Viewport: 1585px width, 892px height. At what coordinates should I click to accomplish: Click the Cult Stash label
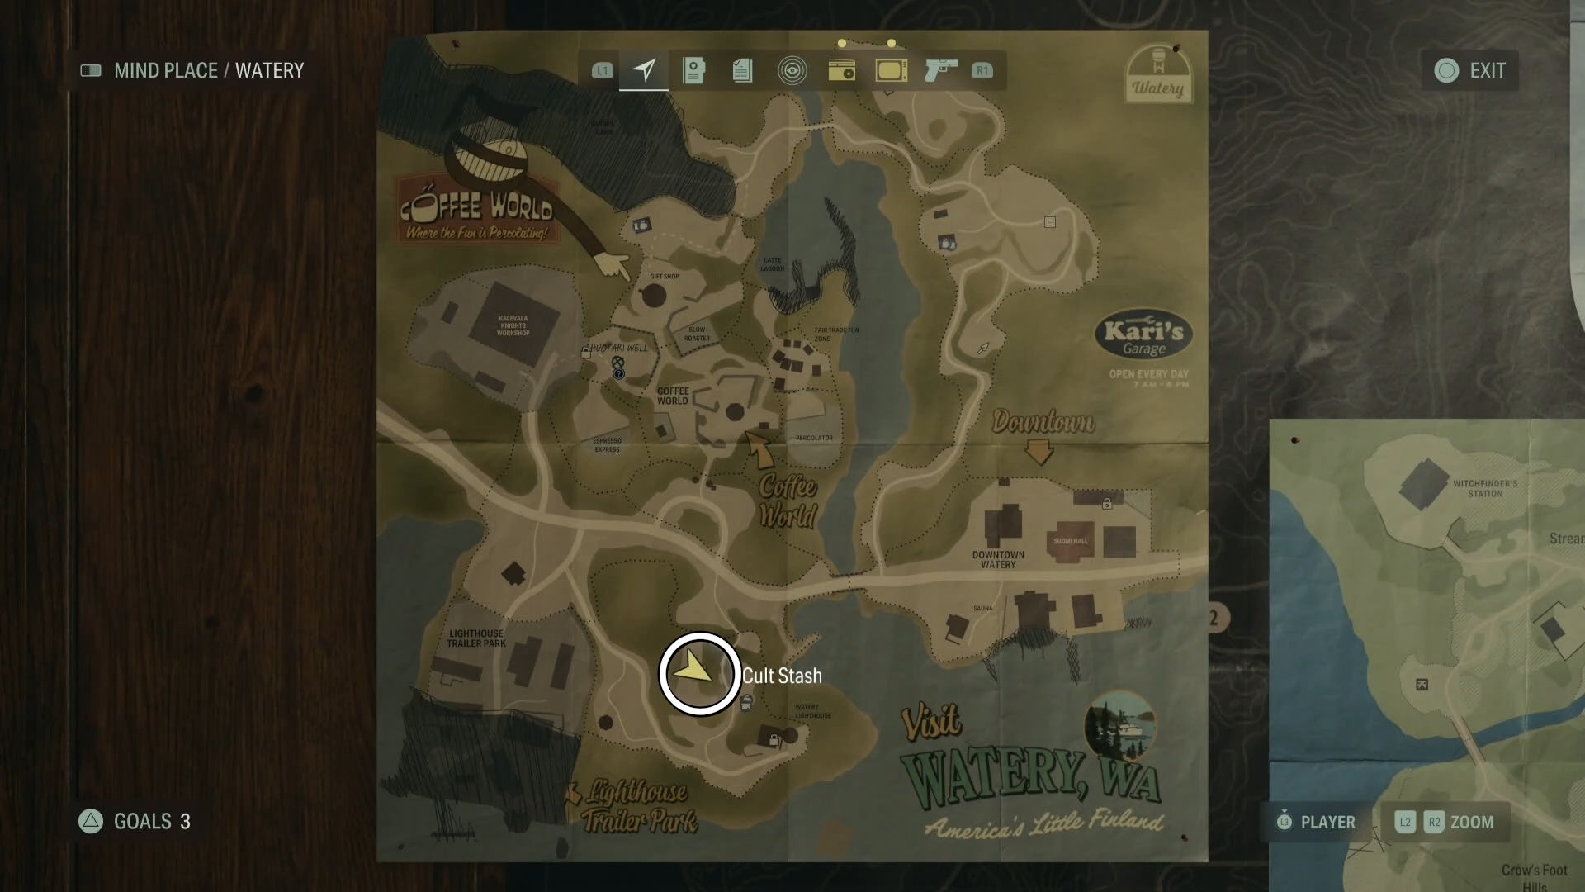[x=782, y=676]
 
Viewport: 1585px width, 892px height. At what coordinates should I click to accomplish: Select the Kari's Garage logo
[x=1143, y=337]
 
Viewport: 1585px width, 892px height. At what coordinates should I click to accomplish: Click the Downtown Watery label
[x=998, y=559]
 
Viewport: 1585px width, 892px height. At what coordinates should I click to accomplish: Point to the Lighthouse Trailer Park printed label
[x=476, y=638]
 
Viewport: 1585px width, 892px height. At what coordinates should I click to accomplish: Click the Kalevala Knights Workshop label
[x=513, y=325]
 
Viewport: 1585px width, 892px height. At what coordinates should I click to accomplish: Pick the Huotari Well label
[x=619, y=348]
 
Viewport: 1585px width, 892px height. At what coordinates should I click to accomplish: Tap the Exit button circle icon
[x=1446, y=71]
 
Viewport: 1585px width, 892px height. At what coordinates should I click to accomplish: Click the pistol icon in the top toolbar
[x=940, y=70]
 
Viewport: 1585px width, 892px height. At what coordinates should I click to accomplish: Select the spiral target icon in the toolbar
[x=792, y=71]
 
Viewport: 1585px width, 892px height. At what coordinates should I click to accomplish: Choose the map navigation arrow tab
[x=644, y=70]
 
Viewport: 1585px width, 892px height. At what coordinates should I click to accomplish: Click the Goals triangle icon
[x=91, y=821]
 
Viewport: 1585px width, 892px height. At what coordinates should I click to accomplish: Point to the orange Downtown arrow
[x=1039, y=452]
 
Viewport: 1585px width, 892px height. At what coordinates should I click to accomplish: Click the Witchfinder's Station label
[x=1484, y=488]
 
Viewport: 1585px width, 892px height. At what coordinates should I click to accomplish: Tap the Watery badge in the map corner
[x=1158, y=74]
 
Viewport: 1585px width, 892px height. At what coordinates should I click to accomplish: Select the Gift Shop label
[x=665, y=277]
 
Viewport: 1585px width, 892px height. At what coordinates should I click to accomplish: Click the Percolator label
[x=814, y=438]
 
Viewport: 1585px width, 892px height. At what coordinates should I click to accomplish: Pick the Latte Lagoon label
[x=773, y=264]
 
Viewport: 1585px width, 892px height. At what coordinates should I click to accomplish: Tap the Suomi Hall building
[x=1071, y=540]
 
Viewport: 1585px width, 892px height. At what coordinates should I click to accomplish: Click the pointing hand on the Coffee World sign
[x=612, y=266]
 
